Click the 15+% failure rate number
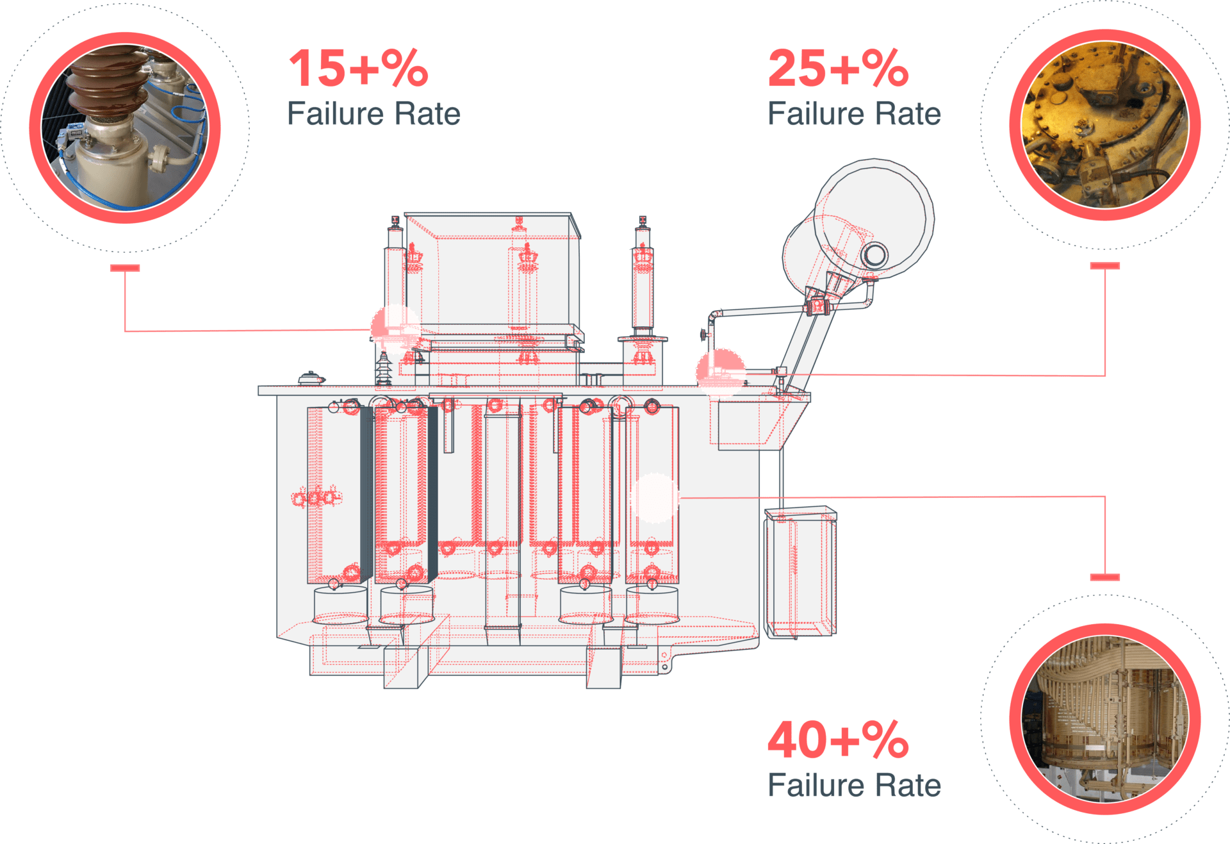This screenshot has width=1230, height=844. [359, 68]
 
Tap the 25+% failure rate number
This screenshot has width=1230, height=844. [839, 68]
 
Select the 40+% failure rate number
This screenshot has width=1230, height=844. [839, 740]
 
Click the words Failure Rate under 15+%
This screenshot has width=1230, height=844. [373, 114]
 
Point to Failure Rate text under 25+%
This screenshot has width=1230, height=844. [855, 114]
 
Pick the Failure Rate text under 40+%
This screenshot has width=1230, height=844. [855, 786]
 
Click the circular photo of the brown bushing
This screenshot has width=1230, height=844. [125, 128]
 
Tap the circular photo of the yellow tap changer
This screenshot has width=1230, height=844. [1105, 125]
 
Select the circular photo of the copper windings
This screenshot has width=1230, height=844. [1105, 719]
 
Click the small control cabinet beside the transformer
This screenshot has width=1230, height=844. [801, 572]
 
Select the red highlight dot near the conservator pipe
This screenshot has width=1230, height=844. [721, 372]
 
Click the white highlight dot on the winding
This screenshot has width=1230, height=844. [654, 498]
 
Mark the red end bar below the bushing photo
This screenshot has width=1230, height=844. [125, 268]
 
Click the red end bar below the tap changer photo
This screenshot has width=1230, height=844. [1105, 265]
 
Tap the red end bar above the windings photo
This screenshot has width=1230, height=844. [1105, 577]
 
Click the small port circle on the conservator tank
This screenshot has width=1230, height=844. [874, 255]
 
